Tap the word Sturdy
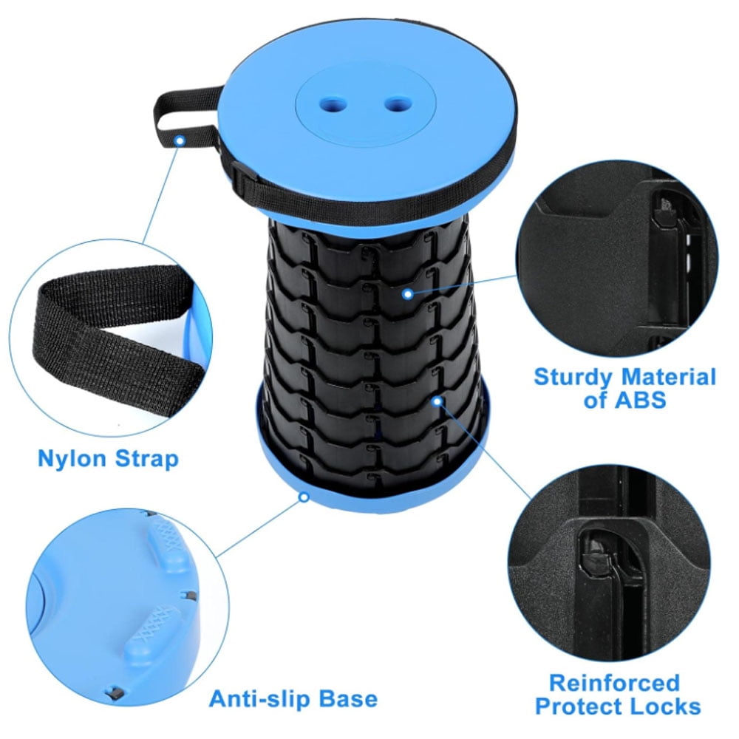coord(573,377)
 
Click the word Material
coord(669,377)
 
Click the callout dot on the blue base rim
coord(303,497)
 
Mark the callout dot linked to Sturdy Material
coord(407,293)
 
